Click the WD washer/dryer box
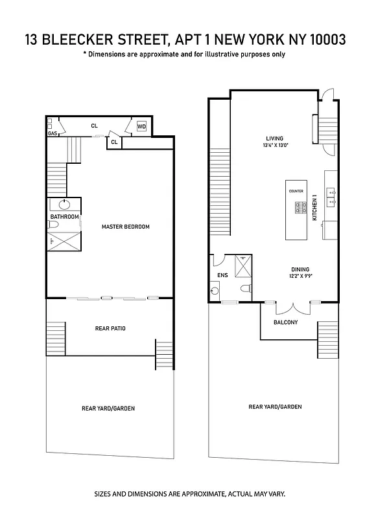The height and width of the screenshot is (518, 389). click(x=141, y=127)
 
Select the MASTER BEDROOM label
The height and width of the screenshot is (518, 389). click(x=126, y=227)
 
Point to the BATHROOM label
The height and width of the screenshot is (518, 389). click(x=64, y=216)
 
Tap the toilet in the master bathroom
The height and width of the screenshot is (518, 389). click(x=54, y=225)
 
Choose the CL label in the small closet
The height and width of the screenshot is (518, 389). click(x=114, y=141)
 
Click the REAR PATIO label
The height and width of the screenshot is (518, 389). click(x=110, y=328)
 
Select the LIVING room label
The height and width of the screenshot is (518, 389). click(x=274, y=138)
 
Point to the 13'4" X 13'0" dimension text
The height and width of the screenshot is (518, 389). click(x=274, y=145)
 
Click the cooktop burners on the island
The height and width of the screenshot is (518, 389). click(x=301, y=208)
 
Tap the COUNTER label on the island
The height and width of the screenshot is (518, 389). click(x=296, y=191)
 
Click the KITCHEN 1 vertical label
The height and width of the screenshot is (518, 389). click(x=314, y=208)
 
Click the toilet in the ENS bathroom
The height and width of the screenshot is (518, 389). click(x=244, y=287)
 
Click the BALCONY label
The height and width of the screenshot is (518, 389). click(x=285, y=322)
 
